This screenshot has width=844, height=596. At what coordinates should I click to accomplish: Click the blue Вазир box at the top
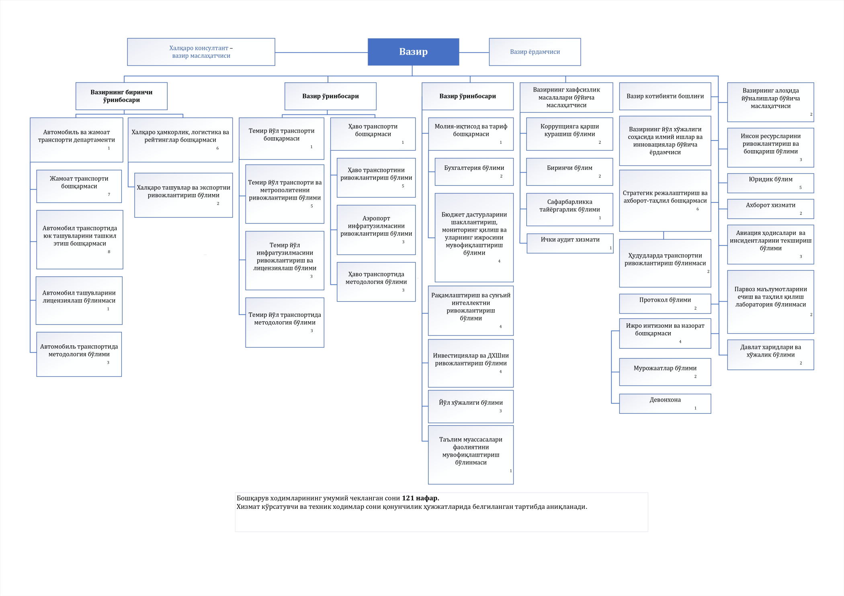coord(413,52)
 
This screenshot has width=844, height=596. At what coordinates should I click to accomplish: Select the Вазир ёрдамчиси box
coord(535,52)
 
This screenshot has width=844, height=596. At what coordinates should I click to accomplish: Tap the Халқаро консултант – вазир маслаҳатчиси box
coord(201,52)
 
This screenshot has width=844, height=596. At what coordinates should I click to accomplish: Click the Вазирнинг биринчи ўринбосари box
coord(121,96)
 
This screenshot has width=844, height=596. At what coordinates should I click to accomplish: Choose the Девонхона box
coord(665,404)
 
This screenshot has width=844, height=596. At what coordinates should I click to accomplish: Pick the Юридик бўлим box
coord(770,183)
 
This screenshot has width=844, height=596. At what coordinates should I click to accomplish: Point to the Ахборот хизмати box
coord(770,209)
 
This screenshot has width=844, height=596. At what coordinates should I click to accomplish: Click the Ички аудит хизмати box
coord(570,243)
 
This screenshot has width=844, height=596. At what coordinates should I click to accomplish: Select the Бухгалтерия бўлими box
coord(474,172)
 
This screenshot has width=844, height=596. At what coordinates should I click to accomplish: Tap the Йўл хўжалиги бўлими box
coord(471,406)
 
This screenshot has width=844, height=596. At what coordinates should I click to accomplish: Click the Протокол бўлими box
coord(665,304)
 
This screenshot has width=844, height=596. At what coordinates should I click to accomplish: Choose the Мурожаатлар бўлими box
coord(665,372)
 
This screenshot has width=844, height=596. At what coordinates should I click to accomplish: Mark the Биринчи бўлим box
coord(569,172)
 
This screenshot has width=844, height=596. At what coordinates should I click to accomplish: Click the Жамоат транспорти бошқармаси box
coord(79,186)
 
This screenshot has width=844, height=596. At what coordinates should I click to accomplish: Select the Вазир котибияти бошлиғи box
coord(665,96)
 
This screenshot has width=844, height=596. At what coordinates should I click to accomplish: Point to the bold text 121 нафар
coord(420,498)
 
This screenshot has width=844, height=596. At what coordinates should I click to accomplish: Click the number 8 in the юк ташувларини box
coord(109,252)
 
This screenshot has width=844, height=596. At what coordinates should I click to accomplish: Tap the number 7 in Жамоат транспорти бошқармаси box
coord(109,194)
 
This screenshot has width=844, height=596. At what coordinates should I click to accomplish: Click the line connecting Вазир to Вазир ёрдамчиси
coord(474,52)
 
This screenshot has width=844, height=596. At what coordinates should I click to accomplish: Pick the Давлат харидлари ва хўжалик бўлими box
coord(770,355)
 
